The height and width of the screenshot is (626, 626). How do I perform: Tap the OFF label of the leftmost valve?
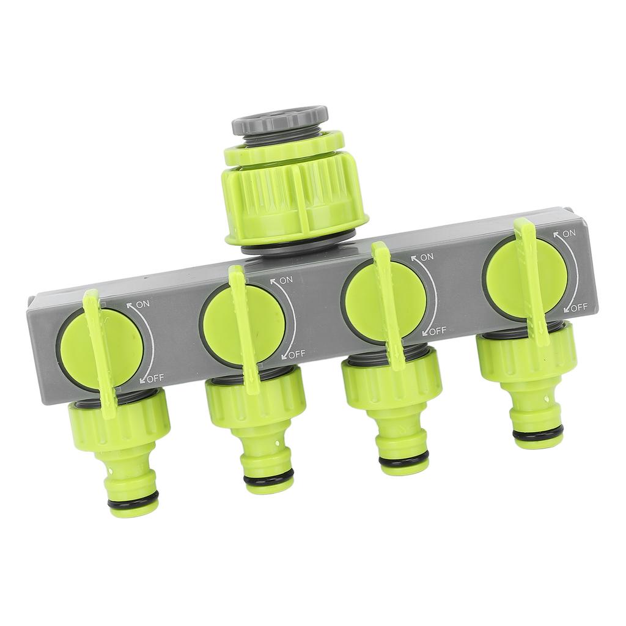click(x=155, y=378)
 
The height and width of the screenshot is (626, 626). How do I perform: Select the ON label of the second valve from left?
click(x=285, y=280)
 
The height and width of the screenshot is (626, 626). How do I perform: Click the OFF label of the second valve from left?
click(x=296, y=354)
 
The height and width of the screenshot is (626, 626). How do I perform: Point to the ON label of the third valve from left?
click(x=426, y=257)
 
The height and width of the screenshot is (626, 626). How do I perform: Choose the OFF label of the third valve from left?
click(x=437, y=331)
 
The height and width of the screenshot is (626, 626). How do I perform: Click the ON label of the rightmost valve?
click(x=569, y=234)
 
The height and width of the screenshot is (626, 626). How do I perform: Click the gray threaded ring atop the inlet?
click(x=279, y=120)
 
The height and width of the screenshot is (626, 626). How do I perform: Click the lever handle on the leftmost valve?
click(x=100, y=355)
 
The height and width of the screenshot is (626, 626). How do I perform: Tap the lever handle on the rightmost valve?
click(x=531, y=281)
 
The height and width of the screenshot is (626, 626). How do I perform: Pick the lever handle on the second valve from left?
click(x=244, y=330)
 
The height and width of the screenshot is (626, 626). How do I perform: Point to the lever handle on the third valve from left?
click(x=388, y=306)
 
